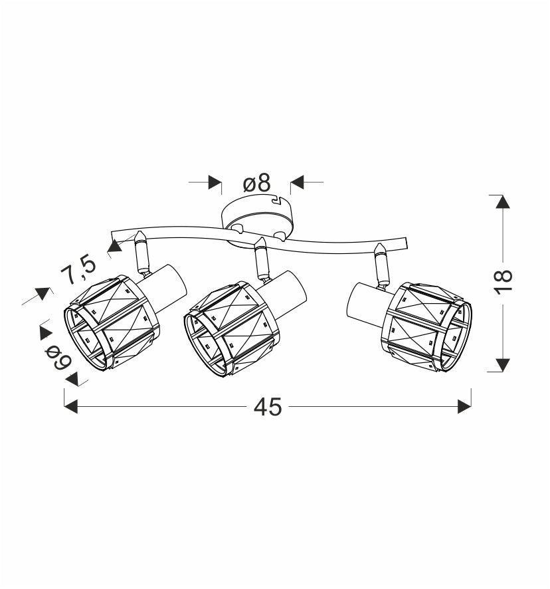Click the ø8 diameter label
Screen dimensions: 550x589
(x=257, y=183)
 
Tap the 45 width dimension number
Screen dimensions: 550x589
(x=267, y=407)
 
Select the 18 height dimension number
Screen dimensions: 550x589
(x=503, y=282)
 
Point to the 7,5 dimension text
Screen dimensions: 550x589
(x=79, y=269)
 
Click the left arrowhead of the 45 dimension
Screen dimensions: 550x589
(x=71, y=406)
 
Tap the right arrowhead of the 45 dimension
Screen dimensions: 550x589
(x=464, y=406)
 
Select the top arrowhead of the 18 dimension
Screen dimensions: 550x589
(x=503, y=201)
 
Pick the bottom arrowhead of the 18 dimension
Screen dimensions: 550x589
(x=503, y=365)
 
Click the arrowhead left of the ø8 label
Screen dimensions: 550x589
(x=215, y=182)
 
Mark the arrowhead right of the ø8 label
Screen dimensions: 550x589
(x=297, y=182)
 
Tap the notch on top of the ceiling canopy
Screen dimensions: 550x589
(x=276, y=199)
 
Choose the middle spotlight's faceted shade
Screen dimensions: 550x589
(x=232, y=328)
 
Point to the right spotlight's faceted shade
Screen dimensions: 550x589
(x=428, y=327)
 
